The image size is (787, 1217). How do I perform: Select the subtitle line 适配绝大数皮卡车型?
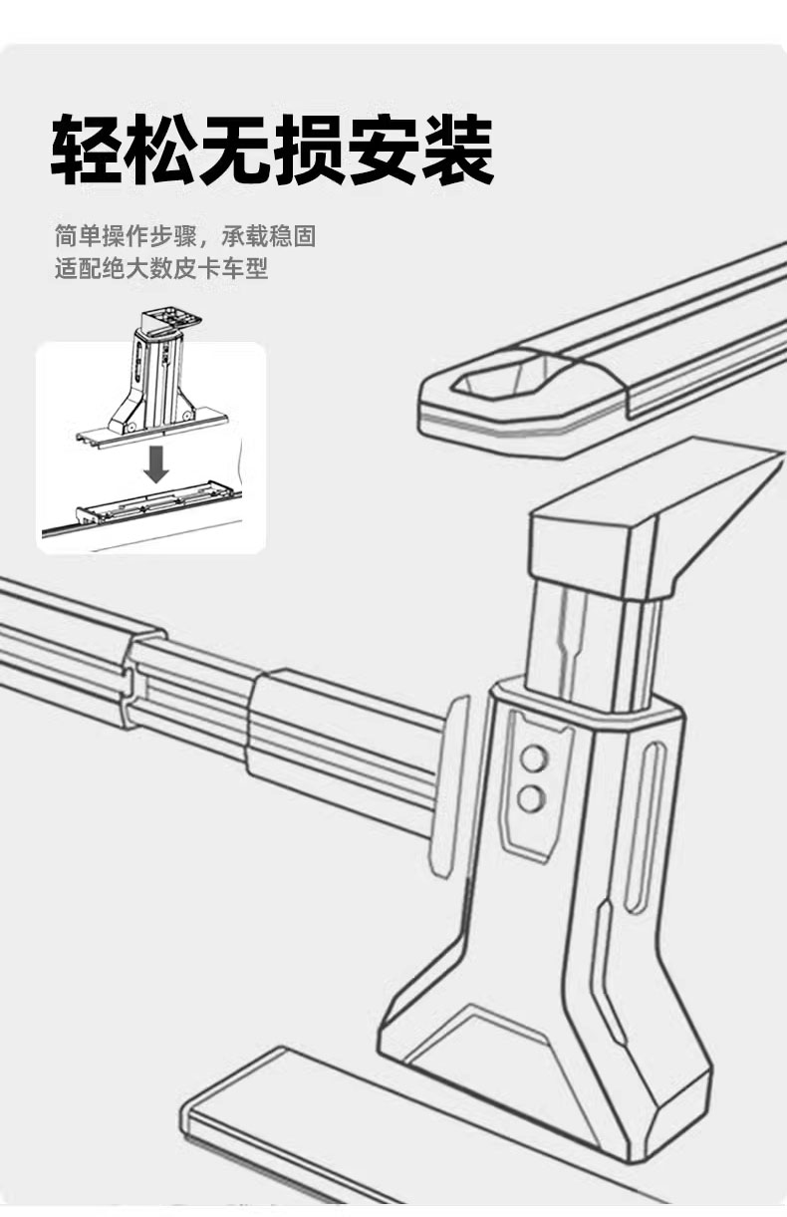161,269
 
